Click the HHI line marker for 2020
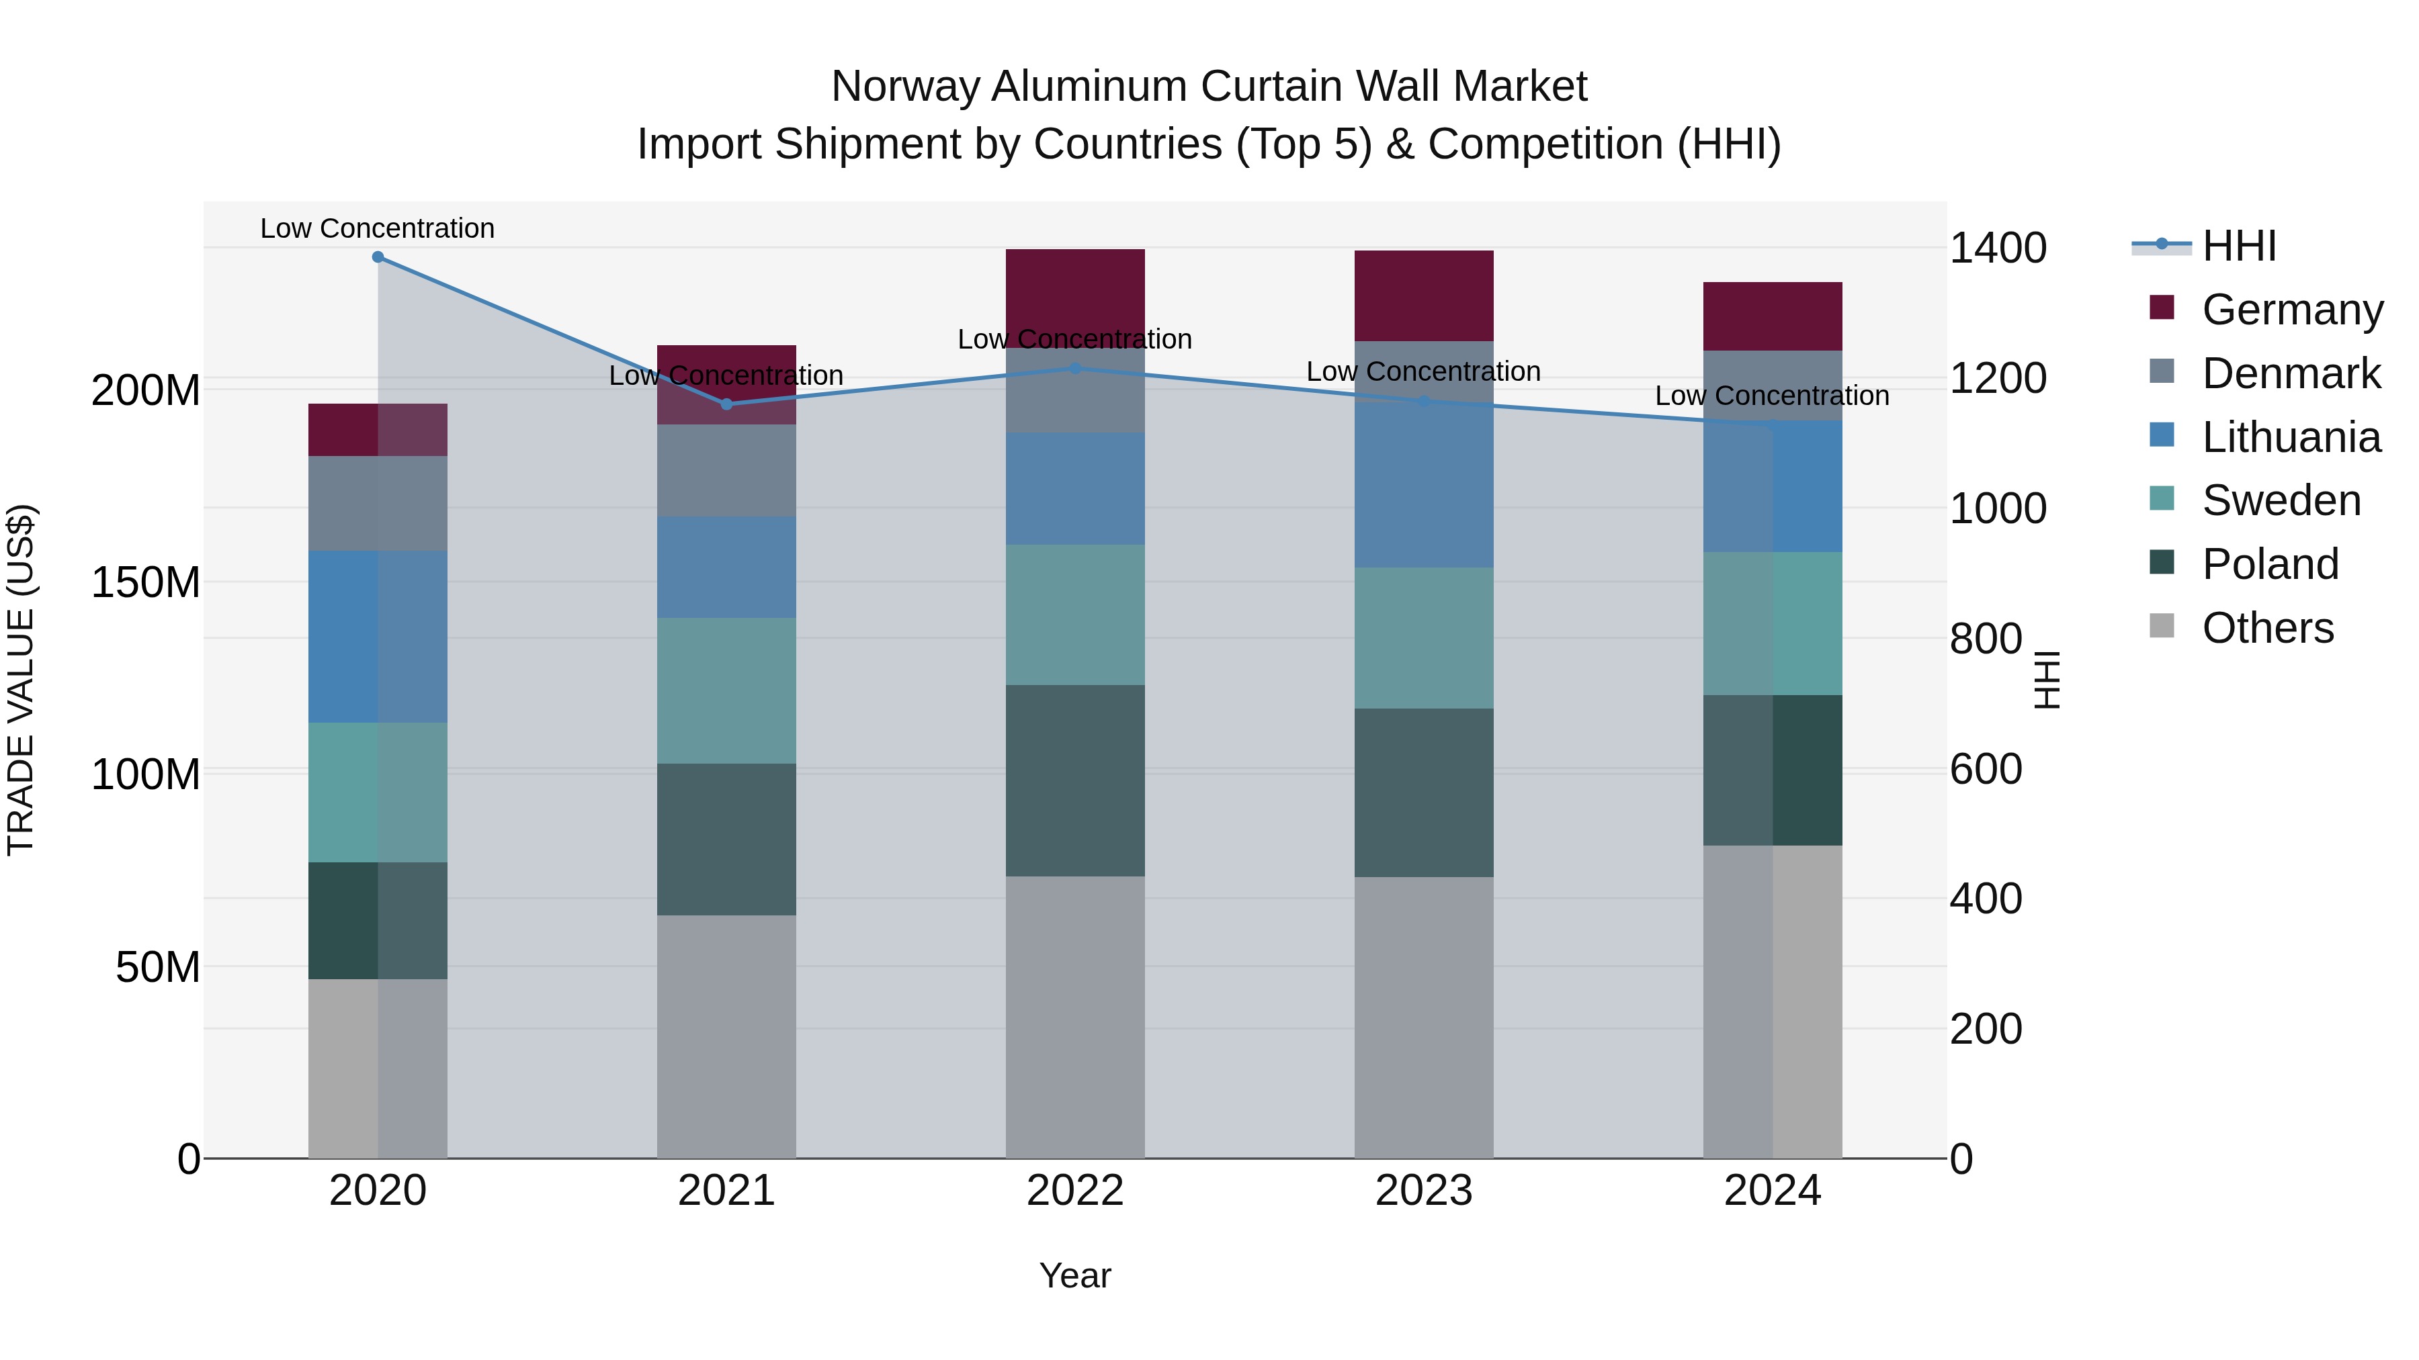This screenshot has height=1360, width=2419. (378, 257)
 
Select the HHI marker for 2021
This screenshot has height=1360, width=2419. (726, 404)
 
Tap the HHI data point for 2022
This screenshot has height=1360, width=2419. (1075, 369)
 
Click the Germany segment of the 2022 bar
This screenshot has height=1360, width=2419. (1075, 291)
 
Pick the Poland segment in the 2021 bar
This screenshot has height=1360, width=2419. (726, 839)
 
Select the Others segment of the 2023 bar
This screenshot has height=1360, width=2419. (1424, 1017)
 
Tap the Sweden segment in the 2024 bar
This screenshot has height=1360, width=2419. (1772, 623)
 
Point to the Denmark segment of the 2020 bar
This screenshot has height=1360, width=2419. (378, 503)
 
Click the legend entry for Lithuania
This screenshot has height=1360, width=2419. (2291, 437)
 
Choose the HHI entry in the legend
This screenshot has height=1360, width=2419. (2239, 246)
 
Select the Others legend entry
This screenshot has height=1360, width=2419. (2267, 628)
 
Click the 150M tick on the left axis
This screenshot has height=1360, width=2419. (146, 583)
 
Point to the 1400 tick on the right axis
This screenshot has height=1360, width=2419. (1998, 248)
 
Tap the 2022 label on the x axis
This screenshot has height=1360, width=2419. (1075, 1191)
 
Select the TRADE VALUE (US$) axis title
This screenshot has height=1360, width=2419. (22, 680)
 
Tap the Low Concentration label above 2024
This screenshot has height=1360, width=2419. (1772, 396)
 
